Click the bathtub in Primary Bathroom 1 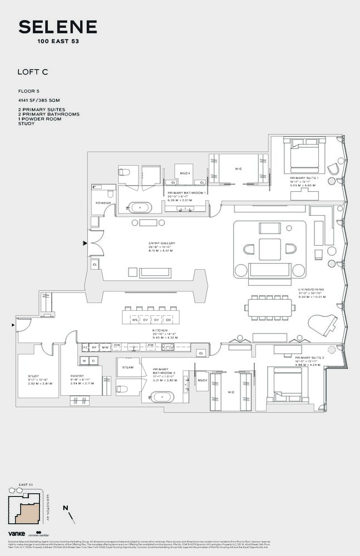[140, 207]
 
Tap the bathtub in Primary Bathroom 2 [157, 398]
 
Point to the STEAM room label [127, 368]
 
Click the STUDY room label [33, 376]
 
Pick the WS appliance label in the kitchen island [135, 320]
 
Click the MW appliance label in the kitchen [105, 346]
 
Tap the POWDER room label [103, 203]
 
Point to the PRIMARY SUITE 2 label [310, 358]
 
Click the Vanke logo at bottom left [15, 533]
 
